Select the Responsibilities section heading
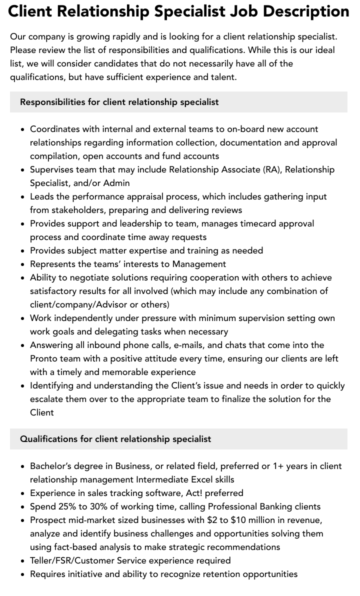pyautogui.click(x=119, y=102)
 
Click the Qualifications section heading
pyautogui.click(x=115, y=439)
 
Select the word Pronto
pyautogui.click(x=44, y=358)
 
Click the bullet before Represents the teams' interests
pyautogui.click(x=23, y=264)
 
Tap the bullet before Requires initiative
pyautogui.click(x=23, y=574)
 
